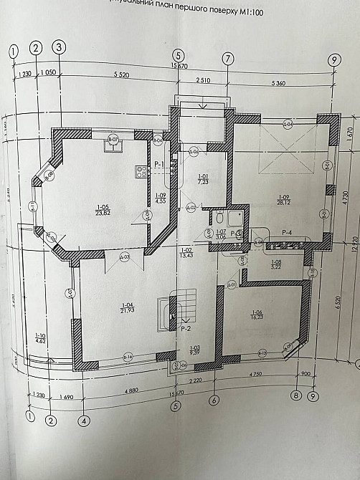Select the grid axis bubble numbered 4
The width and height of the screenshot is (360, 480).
coord(84,421)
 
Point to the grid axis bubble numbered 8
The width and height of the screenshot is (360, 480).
coord(295,395)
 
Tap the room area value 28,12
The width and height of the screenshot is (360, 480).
coord(285,202)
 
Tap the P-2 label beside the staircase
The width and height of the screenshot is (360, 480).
coord(184,328)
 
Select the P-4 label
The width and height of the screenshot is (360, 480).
coord(288,231)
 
